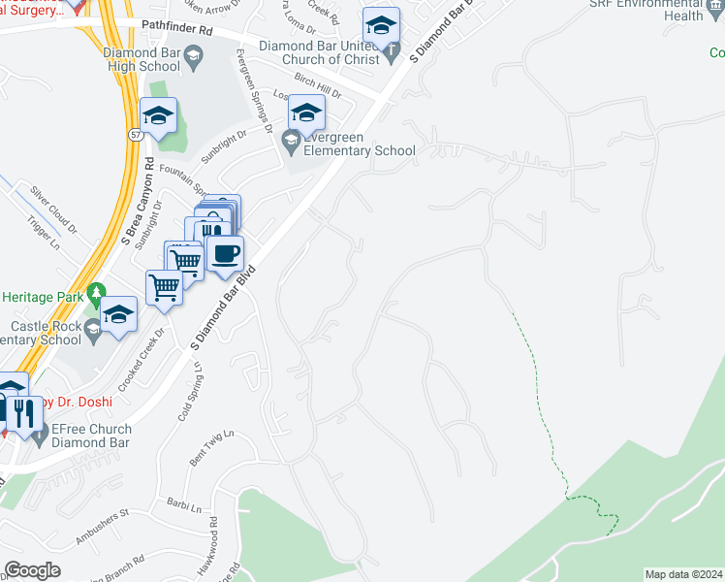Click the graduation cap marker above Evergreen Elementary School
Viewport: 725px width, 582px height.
[x=306, y=114]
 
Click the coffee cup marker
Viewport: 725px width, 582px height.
[x=226, y=255]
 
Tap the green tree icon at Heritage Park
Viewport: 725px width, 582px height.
[x=96, y=290]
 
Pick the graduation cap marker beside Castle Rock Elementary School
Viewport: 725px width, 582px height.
[x=119, y=315]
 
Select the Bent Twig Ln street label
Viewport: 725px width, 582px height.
[x=212, y=447]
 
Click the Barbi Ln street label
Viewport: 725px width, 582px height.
[x=183, y=506]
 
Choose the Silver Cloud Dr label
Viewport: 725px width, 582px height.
[x=52, y=209]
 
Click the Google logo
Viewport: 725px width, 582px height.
[x=32, y=570]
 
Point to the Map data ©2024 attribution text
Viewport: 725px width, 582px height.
[x=683, y=574]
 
